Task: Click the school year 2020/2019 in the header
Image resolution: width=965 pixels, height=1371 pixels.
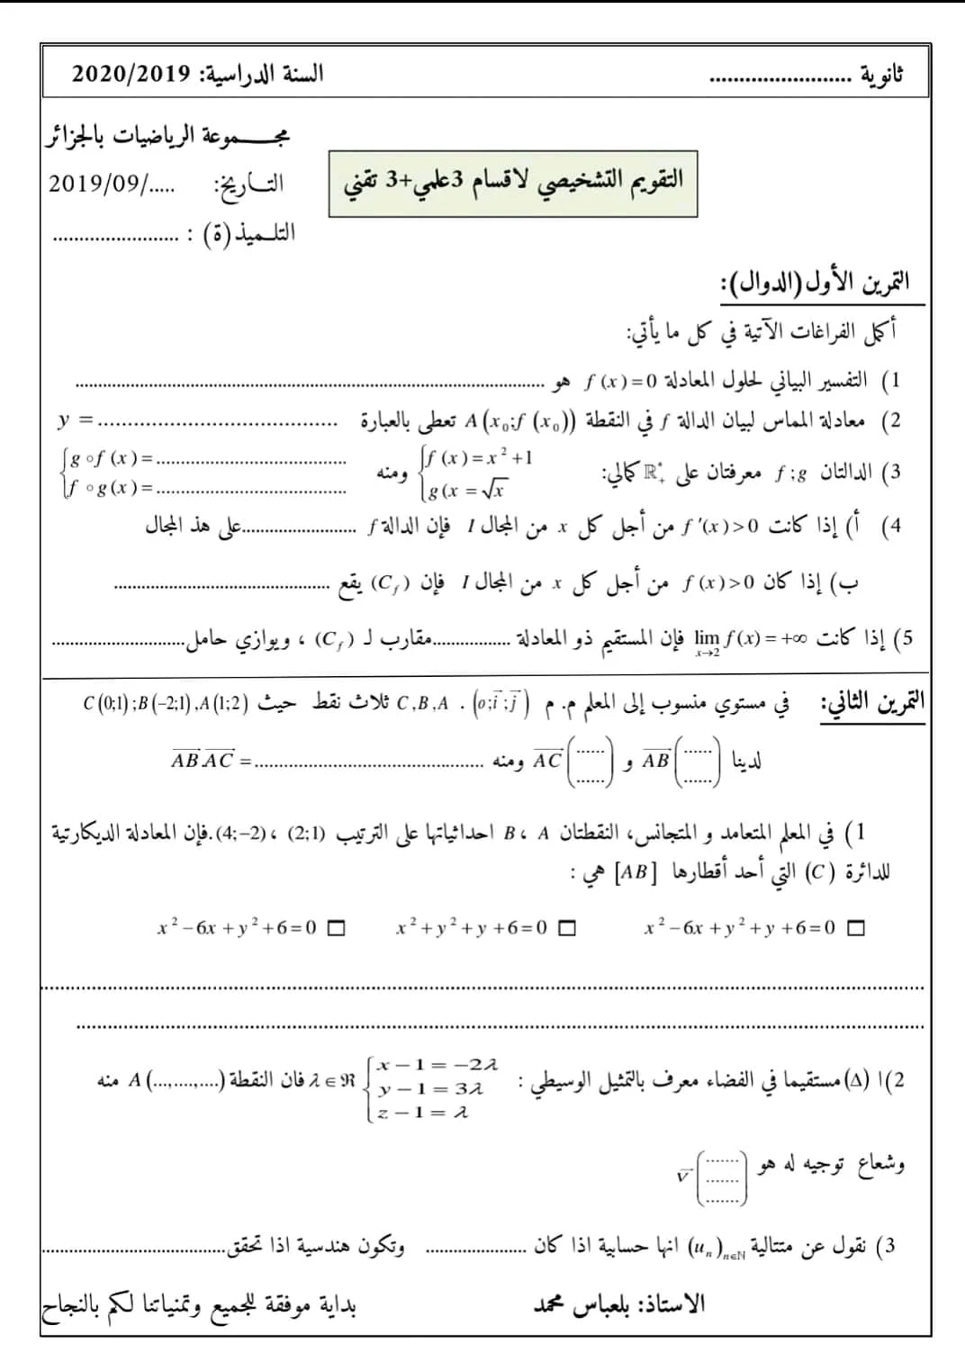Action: click(x=131, y=74)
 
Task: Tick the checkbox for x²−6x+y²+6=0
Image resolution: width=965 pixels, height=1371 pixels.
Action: click(x=336, y=928)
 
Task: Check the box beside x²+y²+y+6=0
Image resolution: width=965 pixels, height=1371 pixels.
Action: click(x=566, y=928)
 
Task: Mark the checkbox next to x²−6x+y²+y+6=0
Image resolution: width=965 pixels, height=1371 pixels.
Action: click(x=856, y=928)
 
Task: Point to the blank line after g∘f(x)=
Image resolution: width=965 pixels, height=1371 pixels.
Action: click(x=252, y=460)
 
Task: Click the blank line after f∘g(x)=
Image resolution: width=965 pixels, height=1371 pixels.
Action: click(x=252, y=490)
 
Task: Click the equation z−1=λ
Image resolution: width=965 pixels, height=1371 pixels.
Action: click(x=424, y=1113)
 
